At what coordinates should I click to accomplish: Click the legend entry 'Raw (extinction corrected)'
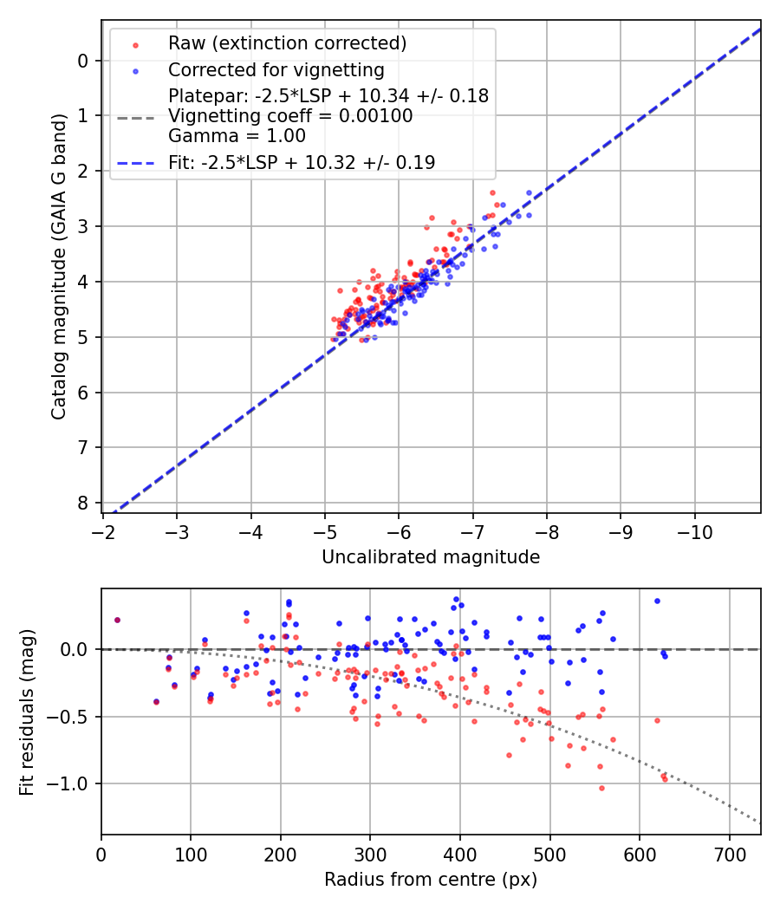(287, 43)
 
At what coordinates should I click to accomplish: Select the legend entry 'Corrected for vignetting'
(276, 70)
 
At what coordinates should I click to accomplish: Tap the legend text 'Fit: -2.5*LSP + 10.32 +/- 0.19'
(302, 162)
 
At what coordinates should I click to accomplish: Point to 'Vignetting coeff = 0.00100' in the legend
(290, 116)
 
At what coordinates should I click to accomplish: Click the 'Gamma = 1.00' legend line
(237, 136)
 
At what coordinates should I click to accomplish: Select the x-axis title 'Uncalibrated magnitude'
(431, 557)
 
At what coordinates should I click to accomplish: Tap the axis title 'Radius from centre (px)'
(431, 880)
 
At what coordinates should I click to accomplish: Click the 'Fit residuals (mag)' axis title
(27, 712)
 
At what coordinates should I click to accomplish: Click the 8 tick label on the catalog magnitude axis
(83, 504)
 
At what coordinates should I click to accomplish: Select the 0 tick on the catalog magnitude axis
(83, 61)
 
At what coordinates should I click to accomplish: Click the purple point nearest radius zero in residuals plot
(117, 620)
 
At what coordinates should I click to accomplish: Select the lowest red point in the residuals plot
(601, 788)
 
